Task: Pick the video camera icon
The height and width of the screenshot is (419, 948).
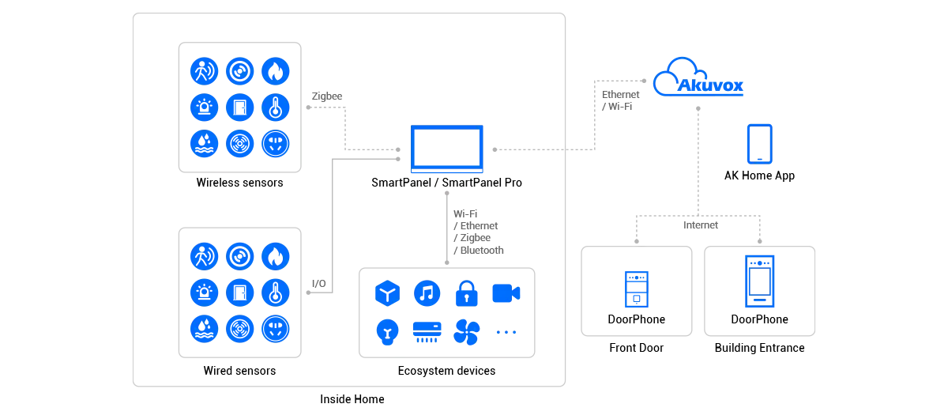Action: click(x=505, y=293)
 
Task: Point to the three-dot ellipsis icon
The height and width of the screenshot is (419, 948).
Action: click(x=505, y=332)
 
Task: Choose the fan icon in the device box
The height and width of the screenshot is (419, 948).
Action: click(x=466, y=332)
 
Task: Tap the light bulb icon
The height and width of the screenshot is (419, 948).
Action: click(x=387, y=331)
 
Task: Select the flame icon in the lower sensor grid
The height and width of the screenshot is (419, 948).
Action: click(x=275, y=256)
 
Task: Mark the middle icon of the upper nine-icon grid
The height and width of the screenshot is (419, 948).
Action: click(x=239, y=107)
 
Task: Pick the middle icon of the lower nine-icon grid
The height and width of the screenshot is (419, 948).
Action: click(x=239, y=291)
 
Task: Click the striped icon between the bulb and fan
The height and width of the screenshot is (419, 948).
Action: click(x=427, y=332)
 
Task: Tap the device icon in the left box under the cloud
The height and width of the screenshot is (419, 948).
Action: click(x=636, y=289)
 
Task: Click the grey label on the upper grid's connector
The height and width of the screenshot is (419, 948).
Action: click(x=328, y=97)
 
